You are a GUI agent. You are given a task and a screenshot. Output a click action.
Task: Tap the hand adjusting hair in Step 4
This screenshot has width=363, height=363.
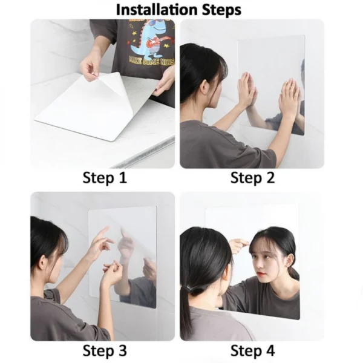239,244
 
